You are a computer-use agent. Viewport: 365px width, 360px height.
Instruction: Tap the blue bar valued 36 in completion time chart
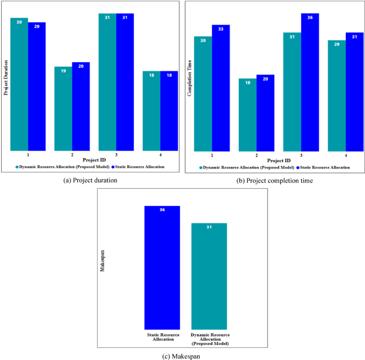coord(310,82)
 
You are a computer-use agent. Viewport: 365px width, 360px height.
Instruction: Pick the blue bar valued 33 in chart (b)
coord(221,88)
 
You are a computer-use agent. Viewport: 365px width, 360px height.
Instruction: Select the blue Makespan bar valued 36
coord(162,267)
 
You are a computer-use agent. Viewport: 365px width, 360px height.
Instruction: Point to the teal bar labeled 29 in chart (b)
coord(337,95)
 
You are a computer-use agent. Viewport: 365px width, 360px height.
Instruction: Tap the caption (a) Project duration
coord(90,181)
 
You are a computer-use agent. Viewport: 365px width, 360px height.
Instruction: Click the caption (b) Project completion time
coord(275,181)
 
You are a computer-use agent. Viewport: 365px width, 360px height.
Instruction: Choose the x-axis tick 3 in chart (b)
coord(301,155)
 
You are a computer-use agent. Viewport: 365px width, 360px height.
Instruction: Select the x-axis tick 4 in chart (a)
coord(160,155)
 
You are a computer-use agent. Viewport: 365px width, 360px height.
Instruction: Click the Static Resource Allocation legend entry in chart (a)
coord(137,167)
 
